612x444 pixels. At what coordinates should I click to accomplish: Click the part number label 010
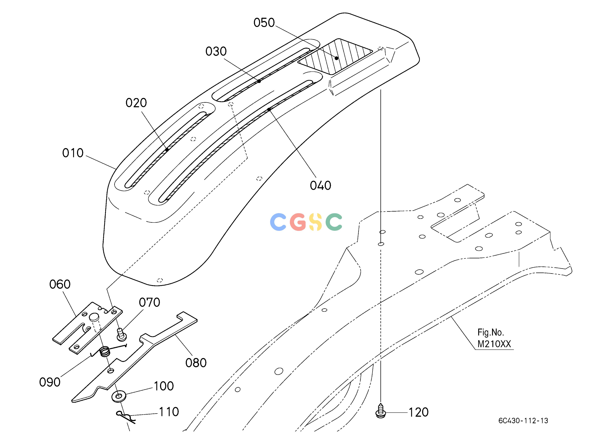click(x=73, y=153)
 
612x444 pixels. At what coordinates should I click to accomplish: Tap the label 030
click(x=216, y=51)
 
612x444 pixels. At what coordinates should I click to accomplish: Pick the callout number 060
click(x=60, y=284)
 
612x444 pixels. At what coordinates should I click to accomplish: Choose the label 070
click(x=149, y=303)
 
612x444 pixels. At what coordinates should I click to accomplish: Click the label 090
click(x=50, y=382)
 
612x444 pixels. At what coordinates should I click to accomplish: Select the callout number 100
click(x=164, y=386)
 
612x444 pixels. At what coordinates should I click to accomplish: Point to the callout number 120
click(x=419, y=412)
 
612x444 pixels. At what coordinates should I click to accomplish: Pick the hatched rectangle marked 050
click(x=335, y=56)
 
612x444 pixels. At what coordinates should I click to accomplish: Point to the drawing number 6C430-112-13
click(x=523, y=421)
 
